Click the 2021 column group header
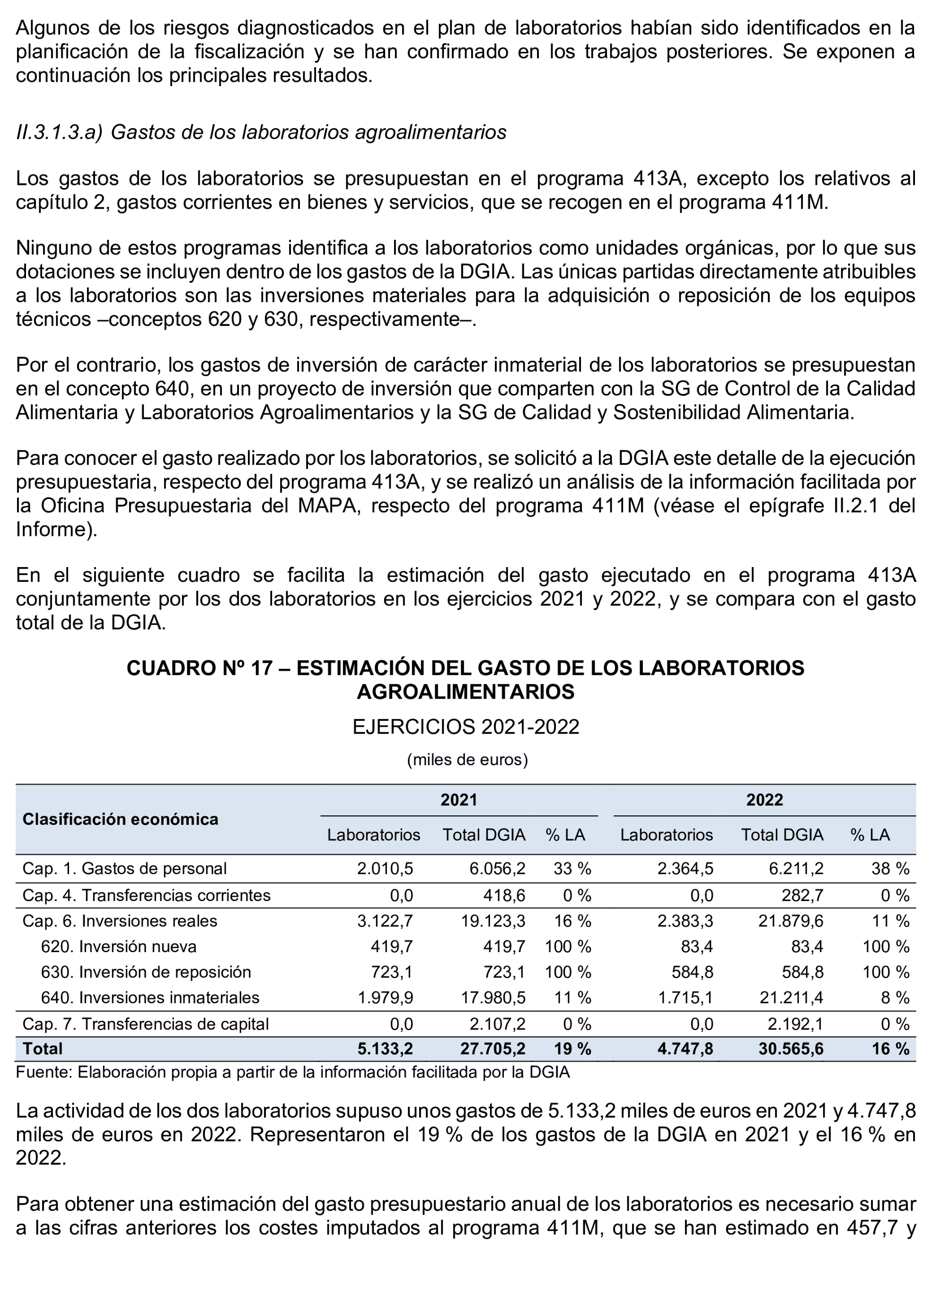(458, 800)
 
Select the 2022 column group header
(764, 800)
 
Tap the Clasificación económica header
(120, 819)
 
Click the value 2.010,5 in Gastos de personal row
(385, 868)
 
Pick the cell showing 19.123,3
(493, 921)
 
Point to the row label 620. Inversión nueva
(118, 946)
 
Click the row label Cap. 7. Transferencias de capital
(145, 1024)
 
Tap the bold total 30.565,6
(790, 1049)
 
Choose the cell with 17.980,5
(493, 998)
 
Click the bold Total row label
(43, 1049)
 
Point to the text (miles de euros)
(467, 760)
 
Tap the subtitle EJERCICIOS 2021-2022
(466, 727)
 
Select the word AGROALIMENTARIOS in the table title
(466, 692)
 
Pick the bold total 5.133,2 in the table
(385, 1049)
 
